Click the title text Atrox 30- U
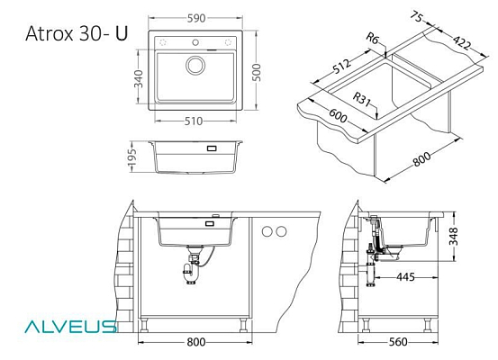coord(77,33)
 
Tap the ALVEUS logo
coord(70,327)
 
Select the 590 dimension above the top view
coord(196,18)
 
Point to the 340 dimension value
coord(139,78)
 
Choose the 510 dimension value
coord(194,121)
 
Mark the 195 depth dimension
coord(131,157)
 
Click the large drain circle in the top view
coord(195,65)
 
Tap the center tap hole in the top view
coord(195,42)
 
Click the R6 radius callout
coord(373,39)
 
